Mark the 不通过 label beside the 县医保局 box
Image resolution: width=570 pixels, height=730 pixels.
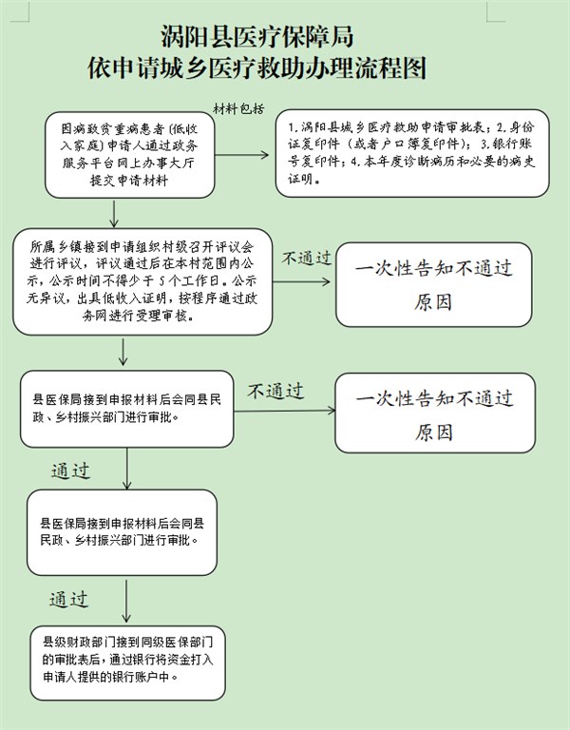tap(275, 391)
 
